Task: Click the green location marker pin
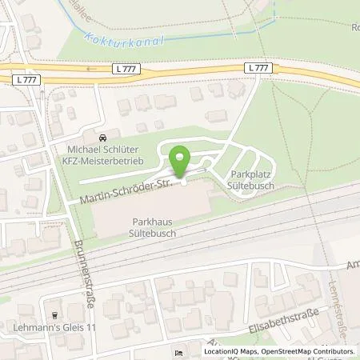[182, 161]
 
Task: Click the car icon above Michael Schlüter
[101, 138]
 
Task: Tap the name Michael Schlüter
[101, 149]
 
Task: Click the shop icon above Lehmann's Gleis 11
[54, 315]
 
